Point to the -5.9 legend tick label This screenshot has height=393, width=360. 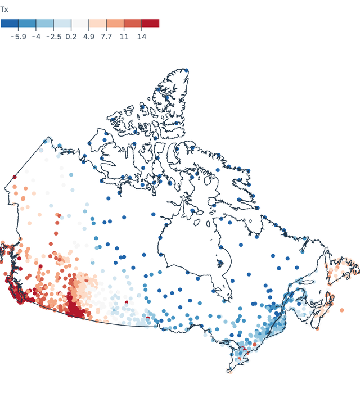pyautogui.click(x=19, y=36)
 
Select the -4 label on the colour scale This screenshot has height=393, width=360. pyautogui.click(x=36, y=36)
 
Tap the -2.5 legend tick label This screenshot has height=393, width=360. pyautogui.click(x=53, y=36)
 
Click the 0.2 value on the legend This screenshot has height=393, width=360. pyautogui.click(x=71, y=36)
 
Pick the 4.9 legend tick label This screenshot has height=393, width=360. pyautogui.click(x=89, y=36)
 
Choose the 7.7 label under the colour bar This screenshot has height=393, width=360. pyautogui.click(x=106, y=36)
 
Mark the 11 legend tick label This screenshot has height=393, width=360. pyautogui.click(x=124, y=36)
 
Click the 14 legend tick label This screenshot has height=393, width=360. pyautogui.click(x=141, y=36)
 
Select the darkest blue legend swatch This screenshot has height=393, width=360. pyautogui.click(x=10, y=23)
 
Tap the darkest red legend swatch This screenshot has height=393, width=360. pyautogui.click(x=150, y=23)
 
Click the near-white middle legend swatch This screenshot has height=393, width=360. pyautogui.click(x=80, y=23)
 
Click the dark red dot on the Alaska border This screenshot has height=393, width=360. pyautogui.click(x=15, y=177)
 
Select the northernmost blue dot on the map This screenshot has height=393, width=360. pyautogui.click(x=187, y=71)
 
